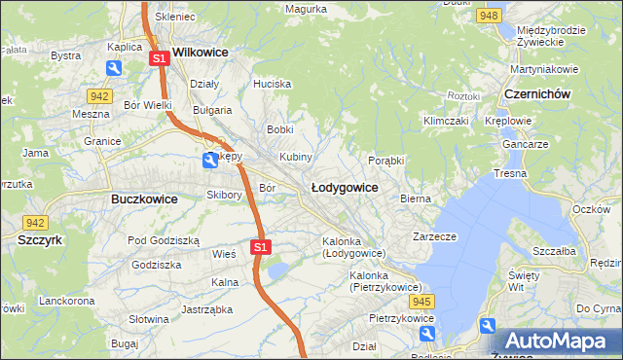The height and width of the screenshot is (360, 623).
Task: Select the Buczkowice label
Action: pos(137,198)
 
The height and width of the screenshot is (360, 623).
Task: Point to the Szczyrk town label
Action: pos(40,238)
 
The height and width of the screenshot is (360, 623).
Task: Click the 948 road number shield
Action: pos(490,17)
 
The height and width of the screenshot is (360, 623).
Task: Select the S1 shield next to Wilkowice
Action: pos(161,59)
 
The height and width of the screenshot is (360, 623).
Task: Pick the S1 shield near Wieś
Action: pos(260,248)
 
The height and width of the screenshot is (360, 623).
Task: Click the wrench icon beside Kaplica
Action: pos(115,68)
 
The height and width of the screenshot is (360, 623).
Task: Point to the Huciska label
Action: pos(272,84)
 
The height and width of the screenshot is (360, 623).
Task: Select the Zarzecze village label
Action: pos(434,236)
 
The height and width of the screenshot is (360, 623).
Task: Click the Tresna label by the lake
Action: pos(509,173)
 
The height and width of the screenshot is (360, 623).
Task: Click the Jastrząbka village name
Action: pos(204,310)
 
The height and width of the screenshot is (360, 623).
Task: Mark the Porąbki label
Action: pos(386,161)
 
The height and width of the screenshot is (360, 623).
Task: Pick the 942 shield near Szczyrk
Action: pos(36,222)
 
